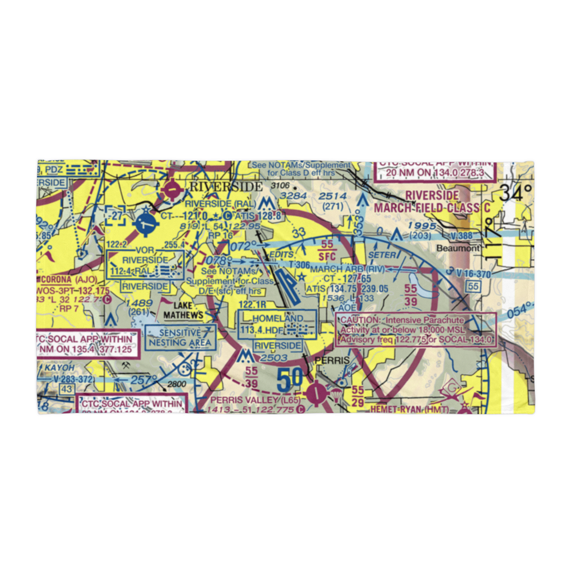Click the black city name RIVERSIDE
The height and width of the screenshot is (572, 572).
[225, 186]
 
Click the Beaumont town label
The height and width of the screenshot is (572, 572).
[458, 249]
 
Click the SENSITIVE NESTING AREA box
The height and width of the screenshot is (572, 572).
[180, 337]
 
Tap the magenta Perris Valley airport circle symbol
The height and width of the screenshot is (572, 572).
[316, 394]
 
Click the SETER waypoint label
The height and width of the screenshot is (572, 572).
[382, 255]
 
